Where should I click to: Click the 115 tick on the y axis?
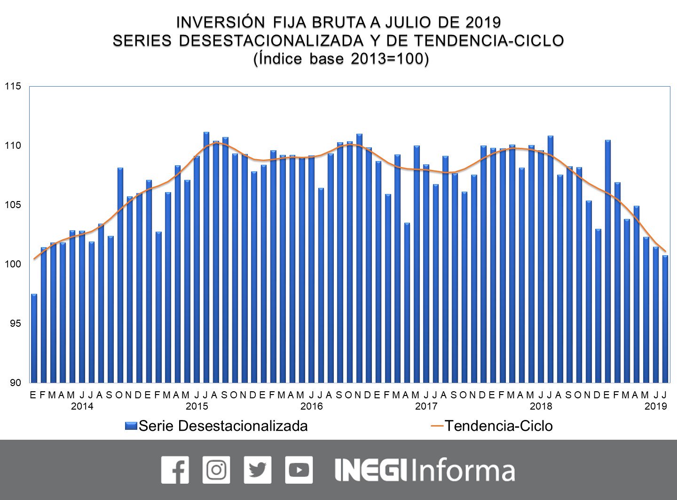coord(13,87)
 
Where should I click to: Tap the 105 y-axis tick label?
coord(13,205)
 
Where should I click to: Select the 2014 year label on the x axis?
coord(82,406)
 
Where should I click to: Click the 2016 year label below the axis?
coord(311,406)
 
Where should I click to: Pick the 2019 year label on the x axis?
coord(655,406)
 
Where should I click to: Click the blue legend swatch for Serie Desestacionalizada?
coord(131,426)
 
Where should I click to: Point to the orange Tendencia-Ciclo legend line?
coord(437,426)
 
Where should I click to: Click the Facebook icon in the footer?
coord(175,470)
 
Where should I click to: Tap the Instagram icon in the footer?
coord(216,470)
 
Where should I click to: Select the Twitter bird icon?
coord(258,470)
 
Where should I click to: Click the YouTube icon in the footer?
coord(299,470)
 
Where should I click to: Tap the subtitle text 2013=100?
coord(389,59)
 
